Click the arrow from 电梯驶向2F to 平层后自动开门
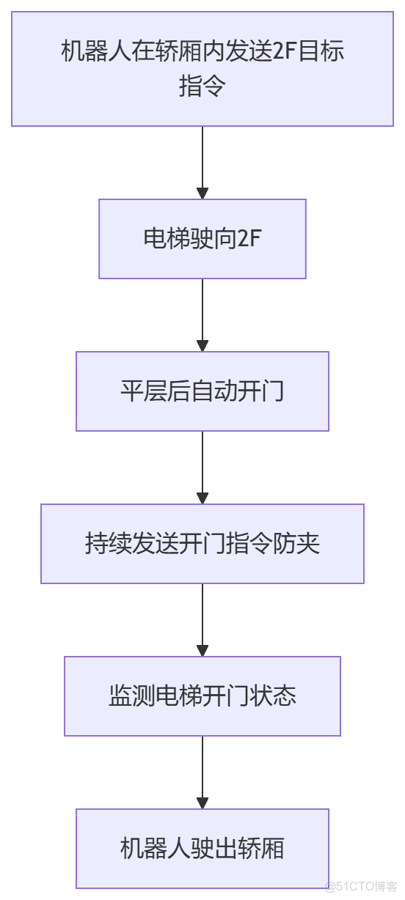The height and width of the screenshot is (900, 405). tap(202, 315)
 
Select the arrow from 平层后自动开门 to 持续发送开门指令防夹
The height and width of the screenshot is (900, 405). tap(202, 468)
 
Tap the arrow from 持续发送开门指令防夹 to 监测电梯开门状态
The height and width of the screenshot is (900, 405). tap(202, 620)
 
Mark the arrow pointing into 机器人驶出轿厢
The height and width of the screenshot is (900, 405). tap(202, 772)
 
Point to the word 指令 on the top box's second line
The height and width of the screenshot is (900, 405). tap(202, 86)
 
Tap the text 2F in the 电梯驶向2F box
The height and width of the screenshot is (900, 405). tap(249, 239)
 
